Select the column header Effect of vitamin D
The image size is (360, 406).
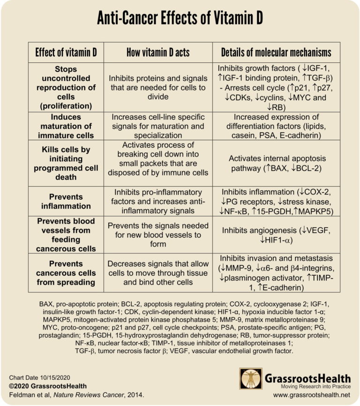click(x=66, y=52)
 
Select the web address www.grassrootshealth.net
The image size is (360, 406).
click(x=310, y=395)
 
